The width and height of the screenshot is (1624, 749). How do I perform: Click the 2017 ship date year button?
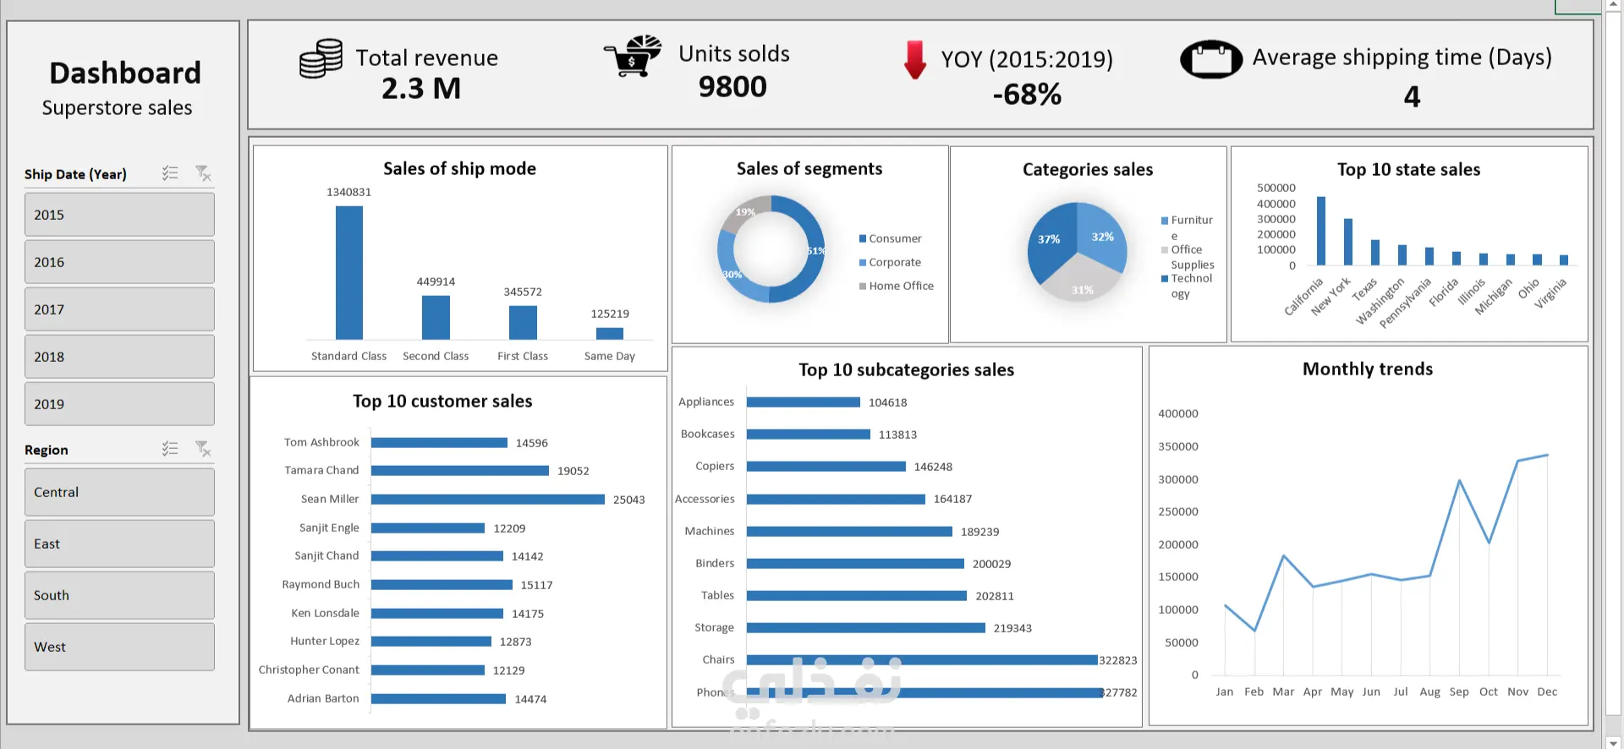coord(119,309)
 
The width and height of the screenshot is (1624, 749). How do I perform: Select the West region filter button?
coord(119,647)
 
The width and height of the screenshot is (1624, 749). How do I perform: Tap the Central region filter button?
coord(119,492)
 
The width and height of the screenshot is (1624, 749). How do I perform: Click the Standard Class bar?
coord(348,272)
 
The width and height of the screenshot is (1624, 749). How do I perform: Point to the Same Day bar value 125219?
coord(609,314)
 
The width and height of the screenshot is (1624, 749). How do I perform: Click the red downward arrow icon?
coord(914,59)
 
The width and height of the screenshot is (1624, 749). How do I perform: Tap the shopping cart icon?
coord(633,57)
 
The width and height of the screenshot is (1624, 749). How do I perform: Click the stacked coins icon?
coord(321,58)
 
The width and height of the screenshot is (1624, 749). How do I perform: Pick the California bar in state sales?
coord(1320,231)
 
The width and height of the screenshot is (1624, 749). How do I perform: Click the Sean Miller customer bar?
coord(487,500)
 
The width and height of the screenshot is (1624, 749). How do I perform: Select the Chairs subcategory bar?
coord(921,660)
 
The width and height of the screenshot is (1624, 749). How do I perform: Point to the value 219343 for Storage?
coord(1012,628)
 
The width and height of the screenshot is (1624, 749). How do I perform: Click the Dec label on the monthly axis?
coord(1547,692)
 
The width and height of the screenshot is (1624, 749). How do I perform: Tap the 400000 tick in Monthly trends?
coord(1177,413)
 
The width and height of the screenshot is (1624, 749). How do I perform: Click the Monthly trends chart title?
coord(1367,369)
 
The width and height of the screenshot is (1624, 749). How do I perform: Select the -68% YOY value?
coord(1026,94)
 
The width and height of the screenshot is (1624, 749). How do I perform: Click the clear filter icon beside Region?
coord(203,449)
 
